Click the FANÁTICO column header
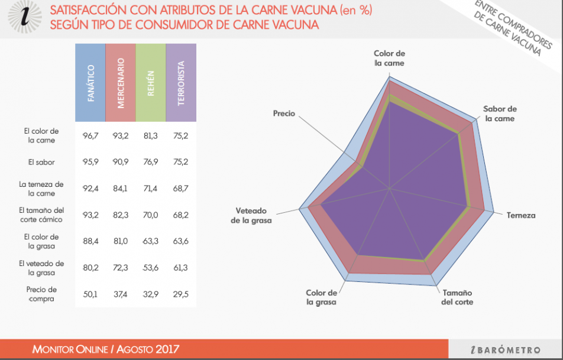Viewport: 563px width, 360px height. tap(90, 83)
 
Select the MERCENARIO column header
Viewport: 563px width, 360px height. tap(121, 83)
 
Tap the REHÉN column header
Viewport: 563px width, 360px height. tap(151, 83)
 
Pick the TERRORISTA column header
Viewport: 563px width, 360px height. tap(181, 83)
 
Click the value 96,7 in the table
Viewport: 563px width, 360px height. tap(90, 135)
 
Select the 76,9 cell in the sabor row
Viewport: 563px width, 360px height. tap(151, 161)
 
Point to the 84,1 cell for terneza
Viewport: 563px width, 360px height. tap(121, 189)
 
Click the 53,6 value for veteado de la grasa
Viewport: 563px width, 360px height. tap(151, 268)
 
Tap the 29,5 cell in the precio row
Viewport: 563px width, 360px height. tap(181, 294)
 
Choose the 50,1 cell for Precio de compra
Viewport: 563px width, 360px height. tap(90, 294)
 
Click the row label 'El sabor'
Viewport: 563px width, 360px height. tap(41, 161)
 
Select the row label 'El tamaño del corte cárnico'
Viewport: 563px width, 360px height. tap(41, 215)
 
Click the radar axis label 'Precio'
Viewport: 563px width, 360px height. tap(284, 113)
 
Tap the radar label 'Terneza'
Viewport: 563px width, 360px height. tap(520, 215)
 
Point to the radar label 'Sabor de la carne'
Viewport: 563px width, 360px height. tap(500, 113)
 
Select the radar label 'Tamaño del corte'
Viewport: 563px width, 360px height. tap(457, 297)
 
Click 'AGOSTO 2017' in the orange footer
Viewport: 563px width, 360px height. tap(147, 349)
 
